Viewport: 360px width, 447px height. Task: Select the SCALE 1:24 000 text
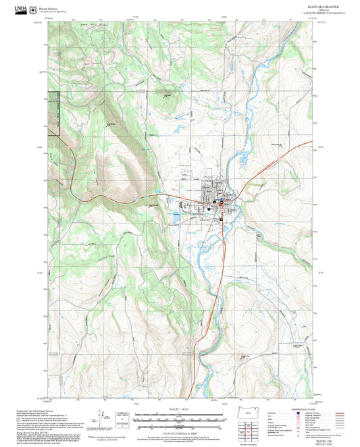point(178,410)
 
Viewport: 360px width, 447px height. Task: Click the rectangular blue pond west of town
point(176,217)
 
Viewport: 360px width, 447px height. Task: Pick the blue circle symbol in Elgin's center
point(215,201)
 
